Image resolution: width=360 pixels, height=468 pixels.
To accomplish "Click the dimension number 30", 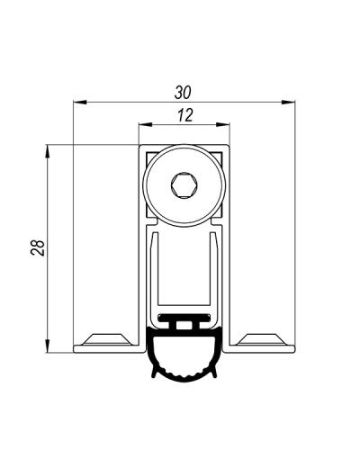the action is coord(183,93).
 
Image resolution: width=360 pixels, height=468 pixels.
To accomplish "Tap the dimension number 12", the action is coord(185,115).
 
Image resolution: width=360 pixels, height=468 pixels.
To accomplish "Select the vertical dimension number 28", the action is coord(38,247).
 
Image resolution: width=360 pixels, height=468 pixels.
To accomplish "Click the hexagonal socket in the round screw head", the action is coord(184,185).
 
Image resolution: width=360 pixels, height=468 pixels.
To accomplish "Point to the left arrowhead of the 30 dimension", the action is coord(80,103).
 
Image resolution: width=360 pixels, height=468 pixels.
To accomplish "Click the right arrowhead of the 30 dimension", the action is coord(288,103).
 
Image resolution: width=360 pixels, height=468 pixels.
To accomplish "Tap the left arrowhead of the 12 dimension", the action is coord(145,125).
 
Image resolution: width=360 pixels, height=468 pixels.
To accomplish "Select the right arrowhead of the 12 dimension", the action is coord(222,125).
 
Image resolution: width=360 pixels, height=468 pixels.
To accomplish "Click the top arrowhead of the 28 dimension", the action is coord(48,151).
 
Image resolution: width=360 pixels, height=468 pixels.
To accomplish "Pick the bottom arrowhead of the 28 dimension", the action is coord(48,346).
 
